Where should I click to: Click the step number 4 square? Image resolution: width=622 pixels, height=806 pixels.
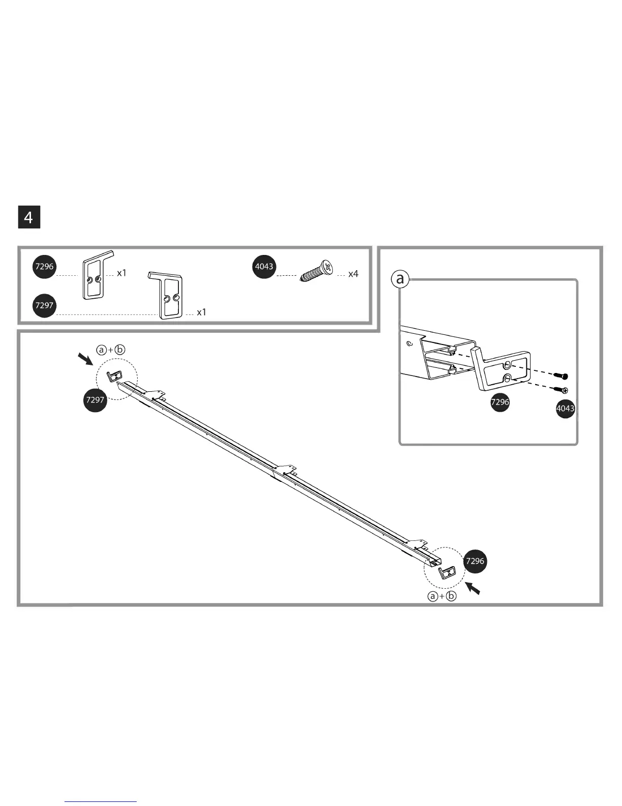[29, 217]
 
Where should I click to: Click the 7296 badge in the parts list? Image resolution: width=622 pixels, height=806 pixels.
[45, 267]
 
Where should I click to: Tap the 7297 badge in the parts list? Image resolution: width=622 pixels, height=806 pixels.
[44, 305]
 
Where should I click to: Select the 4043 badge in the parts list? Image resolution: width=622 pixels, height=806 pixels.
[264, 266]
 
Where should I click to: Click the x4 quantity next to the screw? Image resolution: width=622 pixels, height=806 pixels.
[353, 274]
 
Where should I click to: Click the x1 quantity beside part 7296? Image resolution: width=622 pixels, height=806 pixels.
[121, 273]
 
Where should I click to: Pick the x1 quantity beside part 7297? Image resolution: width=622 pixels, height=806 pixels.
[202, 312]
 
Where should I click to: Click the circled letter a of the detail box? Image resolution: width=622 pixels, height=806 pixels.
[400, 279]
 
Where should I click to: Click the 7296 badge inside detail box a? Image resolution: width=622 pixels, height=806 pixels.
[500, 402]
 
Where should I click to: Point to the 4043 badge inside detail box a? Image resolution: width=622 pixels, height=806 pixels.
[565, 408]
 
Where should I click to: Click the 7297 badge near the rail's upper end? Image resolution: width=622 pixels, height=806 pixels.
[95, 400]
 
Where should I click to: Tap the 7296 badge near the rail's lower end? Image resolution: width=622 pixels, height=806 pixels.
[475, 561]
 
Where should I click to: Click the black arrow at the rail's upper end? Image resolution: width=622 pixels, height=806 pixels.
[85, 360]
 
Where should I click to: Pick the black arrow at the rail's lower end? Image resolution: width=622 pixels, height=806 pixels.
[473, 588]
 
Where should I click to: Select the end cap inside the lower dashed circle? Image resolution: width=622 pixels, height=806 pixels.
[448, 572]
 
